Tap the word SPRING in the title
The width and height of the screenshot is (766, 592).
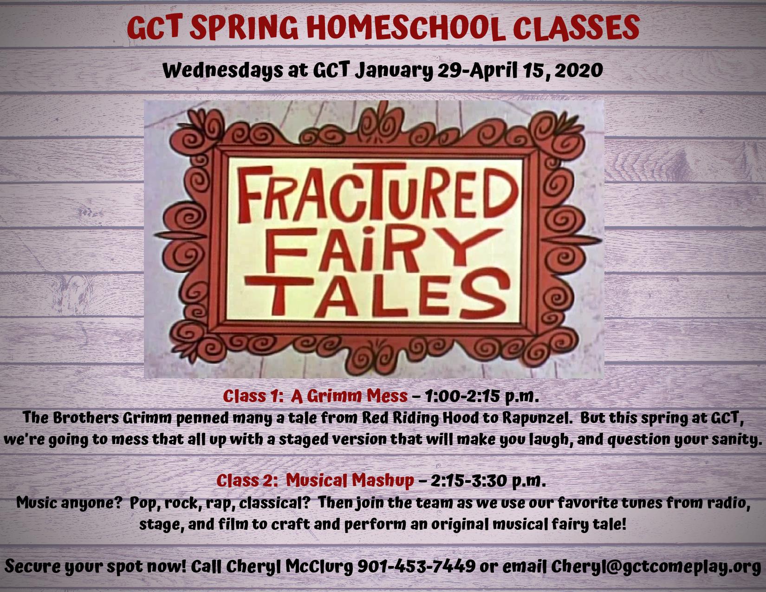click(244, 27)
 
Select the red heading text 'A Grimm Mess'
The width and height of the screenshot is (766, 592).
click(349, 397)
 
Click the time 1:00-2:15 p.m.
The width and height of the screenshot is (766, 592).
click(481, 397)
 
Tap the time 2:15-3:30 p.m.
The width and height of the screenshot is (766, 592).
click(488, 481)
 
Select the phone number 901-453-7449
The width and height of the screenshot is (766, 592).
click(416, 566)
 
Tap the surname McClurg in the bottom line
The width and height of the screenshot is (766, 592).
click(319, 567)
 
